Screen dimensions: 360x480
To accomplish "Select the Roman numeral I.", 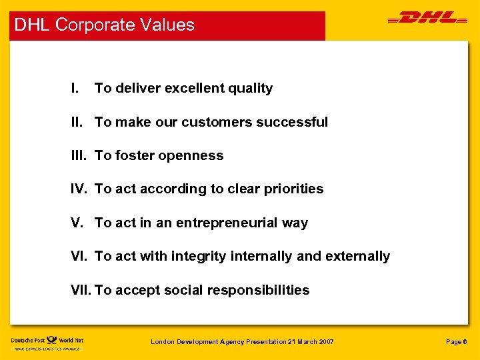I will coord(75,88).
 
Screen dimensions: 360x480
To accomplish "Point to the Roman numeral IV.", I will coord(79,189).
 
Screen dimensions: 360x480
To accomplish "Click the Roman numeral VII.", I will coord(81,290).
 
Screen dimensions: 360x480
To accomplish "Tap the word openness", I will coord(191,156).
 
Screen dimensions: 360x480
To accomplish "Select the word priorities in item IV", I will coord(295,189).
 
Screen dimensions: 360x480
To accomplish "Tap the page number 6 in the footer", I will coord(465,342).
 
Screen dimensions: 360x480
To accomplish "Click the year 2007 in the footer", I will coord(325,342).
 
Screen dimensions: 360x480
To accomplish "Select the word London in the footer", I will coord(162,342).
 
